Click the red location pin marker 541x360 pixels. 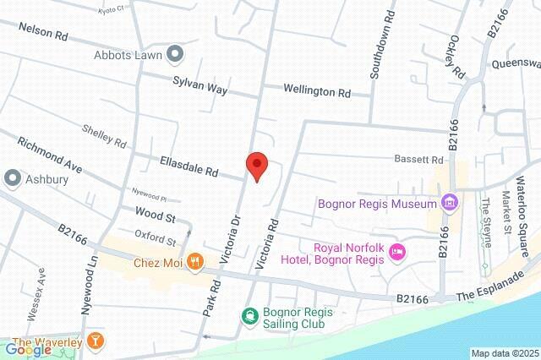pyautogui.click(x=257, y=165)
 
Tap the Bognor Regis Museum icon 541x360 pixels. pyautogui.click(x=450, y=203)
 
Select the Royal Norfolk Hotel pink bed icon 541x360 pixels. pyautogui.click(x=397, y=252)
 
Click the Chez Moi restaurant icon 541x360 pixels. pyautogui.click(x=195, y=262)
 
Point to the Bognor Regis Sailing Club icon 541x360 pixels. pyautogui.click(x=249, y=317)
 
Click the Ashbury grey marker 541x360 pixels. pyautogui.click(x=13, y=178)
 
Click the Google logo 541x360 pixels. pyautogui.click(x=29, y=349)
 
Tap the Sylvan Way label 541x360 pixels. pyautogui.click(x=199, y=82)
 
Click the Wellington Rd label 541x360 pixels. pyautogui.click(x=317, y=90)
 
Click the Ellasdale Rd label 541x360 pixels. pyautogui.click(x=189, y=165)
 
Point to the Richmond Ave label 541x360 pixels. pyautogui.click(x=50, y=155)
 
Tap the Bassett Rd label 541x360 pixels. pyautogui.click(x=419, y=159)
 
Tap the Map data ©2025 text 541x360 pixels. pyautogui.click(x=505, y=353)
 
